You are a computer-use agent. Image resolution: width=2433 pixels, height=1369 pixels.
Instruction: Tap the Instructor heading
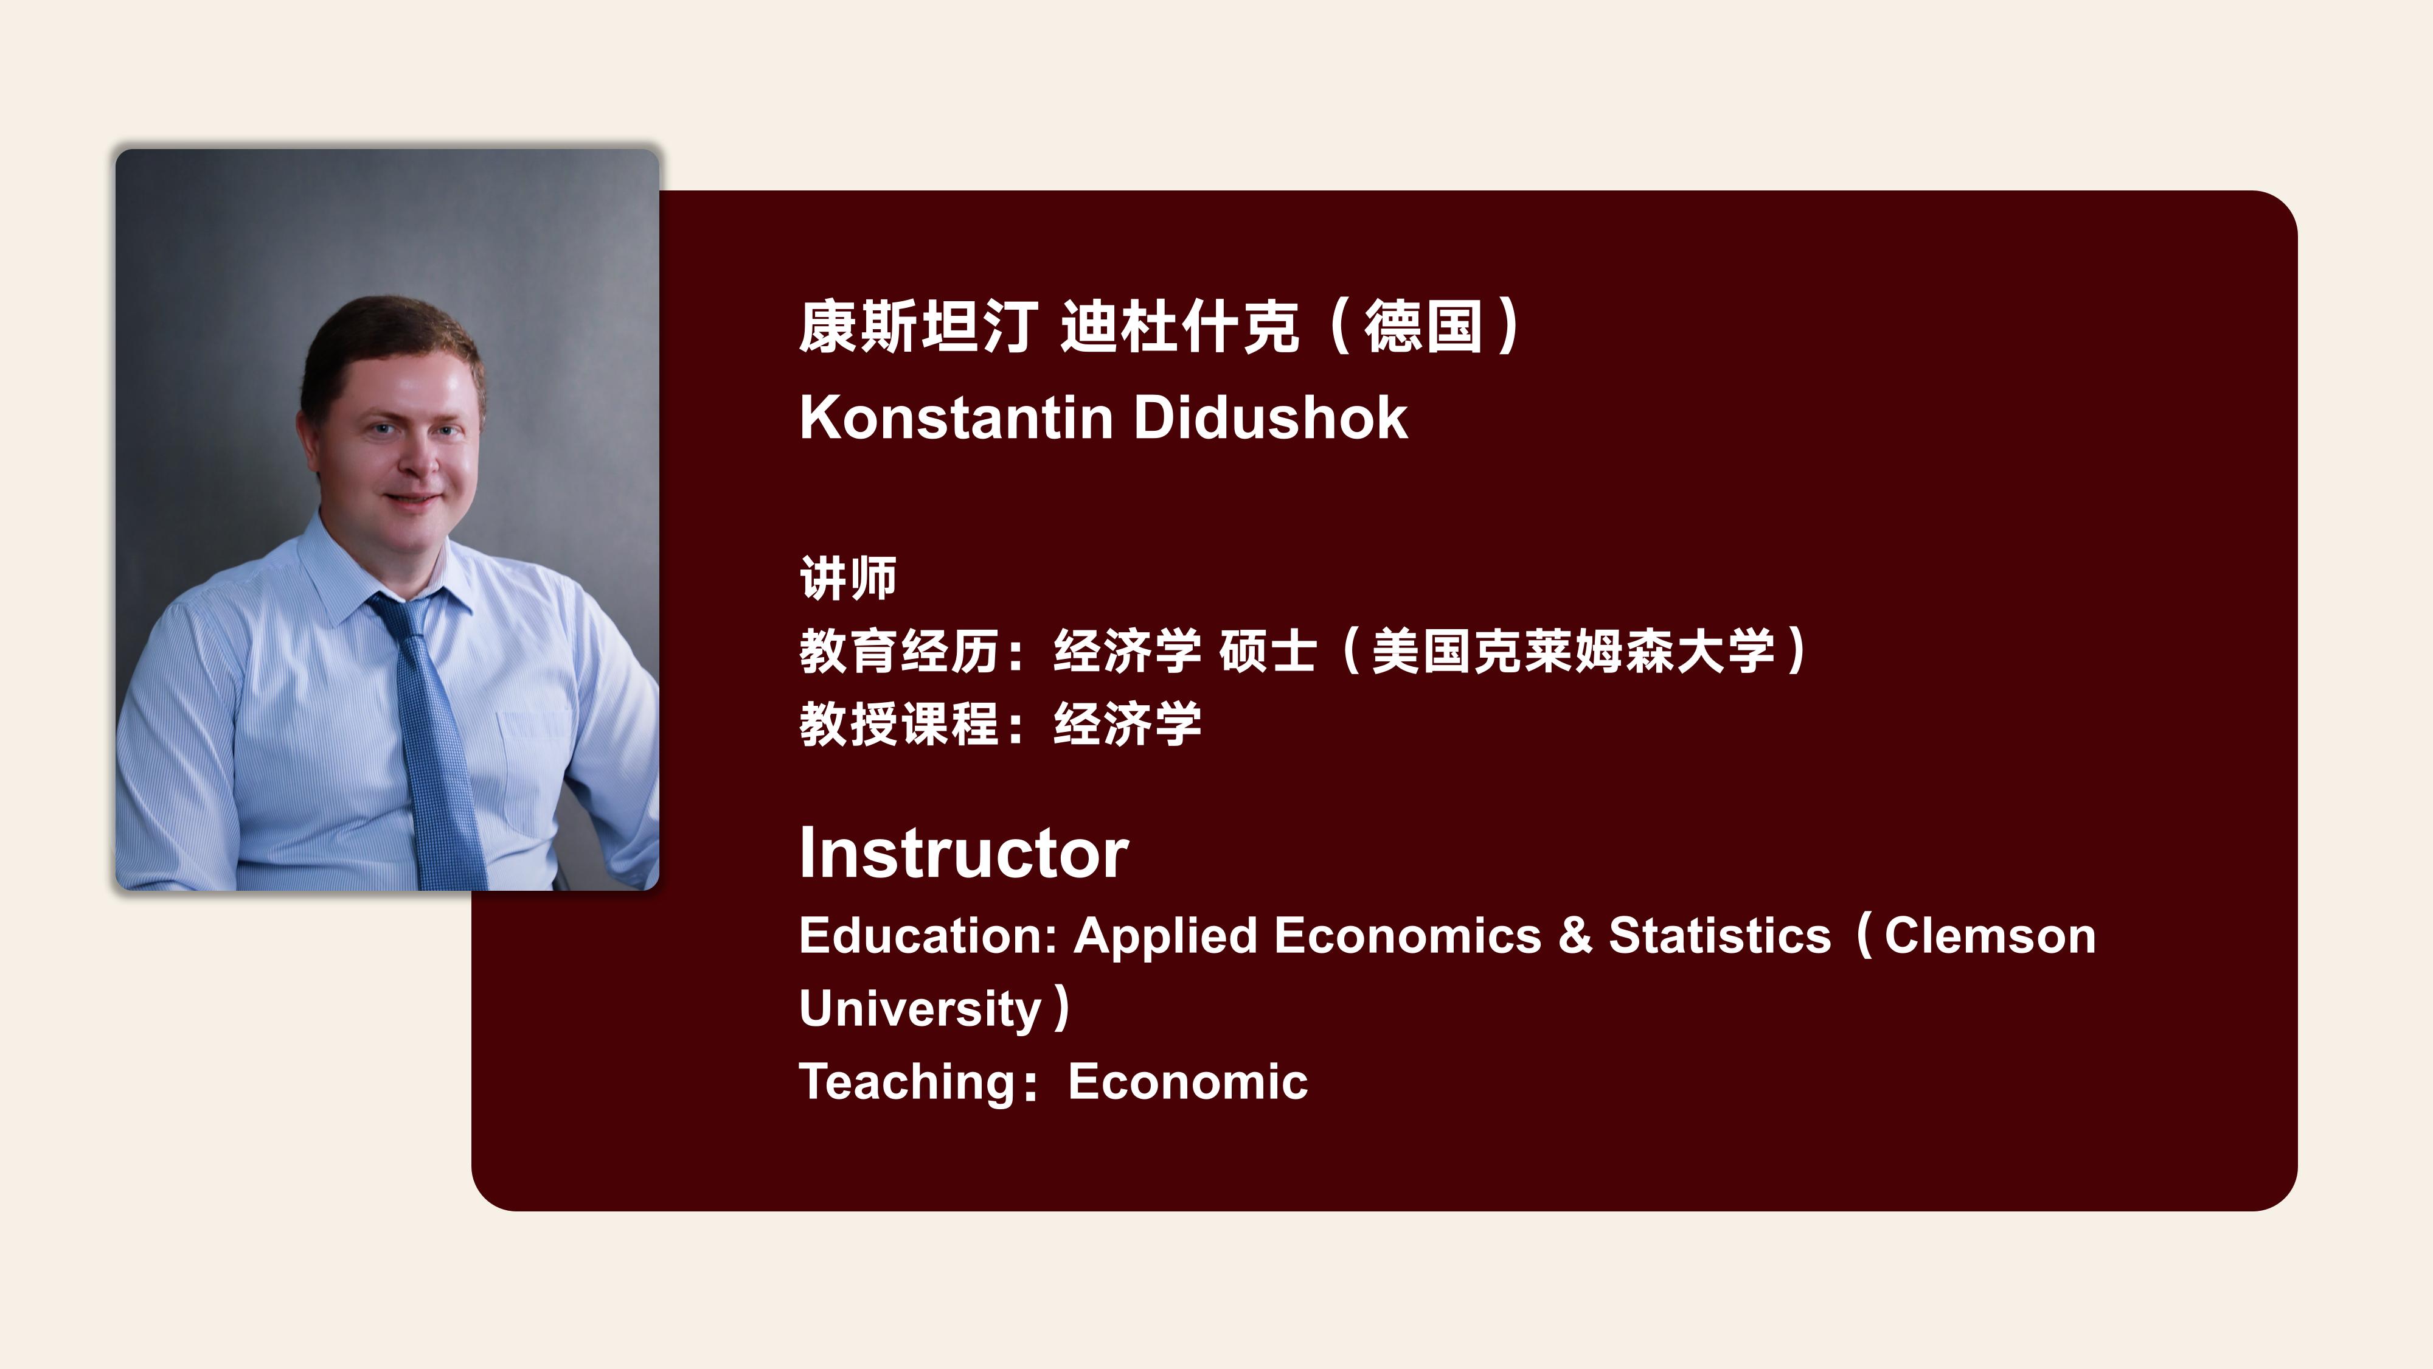click(x=963, y=853)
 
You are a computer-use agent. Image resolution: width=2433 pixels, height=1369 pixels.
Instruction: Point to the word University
click(x=920, y=1009)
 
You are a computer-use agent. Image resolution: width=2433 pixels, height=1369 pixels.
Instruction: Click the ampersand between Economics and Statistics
click(x=1575, y=936)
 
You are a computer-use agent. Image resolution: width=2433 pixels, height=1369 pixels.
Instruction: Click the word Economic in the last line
click(x=1187, y=1082)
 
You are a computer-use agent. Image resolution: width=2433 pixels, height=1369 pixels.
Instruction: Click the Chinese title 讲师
click(x=848, y=578)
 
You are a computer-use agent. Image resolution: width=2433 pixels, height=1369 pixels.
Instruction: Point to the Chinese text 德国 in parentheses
click(x=1423, y=326)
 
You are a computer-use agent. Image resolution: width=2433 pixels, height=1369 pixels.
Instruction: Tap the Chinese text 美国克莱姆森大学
click(x=1574, y=651)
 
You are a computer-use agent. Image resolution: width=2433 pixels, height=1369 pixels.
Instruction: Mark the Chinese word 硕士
click(x=1268, y=651)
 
